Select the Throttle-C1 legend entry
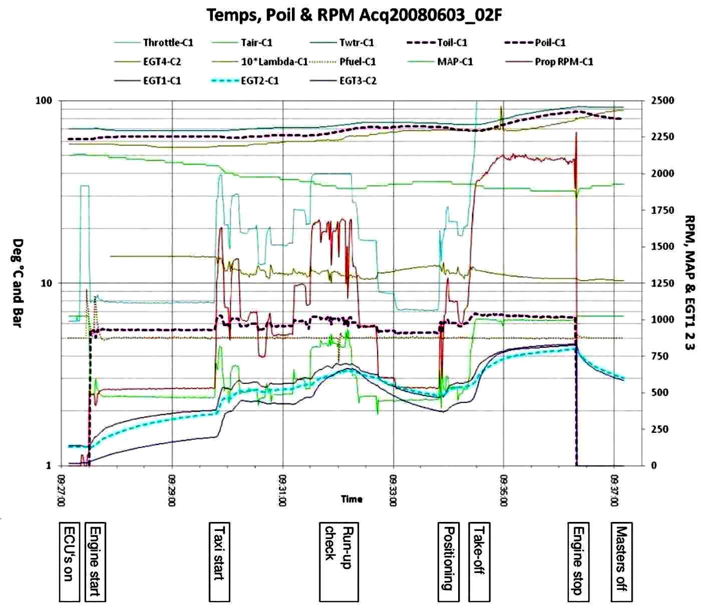(x=154, y=43)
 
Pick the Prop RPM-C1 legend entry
(x=549, y=62)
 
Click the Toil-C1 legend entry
(x=437, y=43)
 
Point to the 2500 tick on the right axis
(x=662, y=101)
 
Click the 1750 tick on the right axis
(x=662, y=210)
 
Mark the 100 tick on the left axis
(x=44, y=101)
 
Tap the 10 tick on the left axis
(x=46, y=283)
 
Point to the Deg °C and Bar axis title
(x=18, y=283)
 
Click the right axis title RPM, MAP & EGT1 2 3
(x=689, y=283)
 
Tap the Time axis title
(x=352, y=499)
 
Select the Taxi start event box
(x=219, y=562)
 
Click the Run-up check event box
(x=339, y=562)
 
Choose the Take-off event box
(x=479, y=562)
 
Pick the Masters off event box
(x=621, y=562)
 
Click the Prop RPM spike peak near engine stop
(x=576, y=133)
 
